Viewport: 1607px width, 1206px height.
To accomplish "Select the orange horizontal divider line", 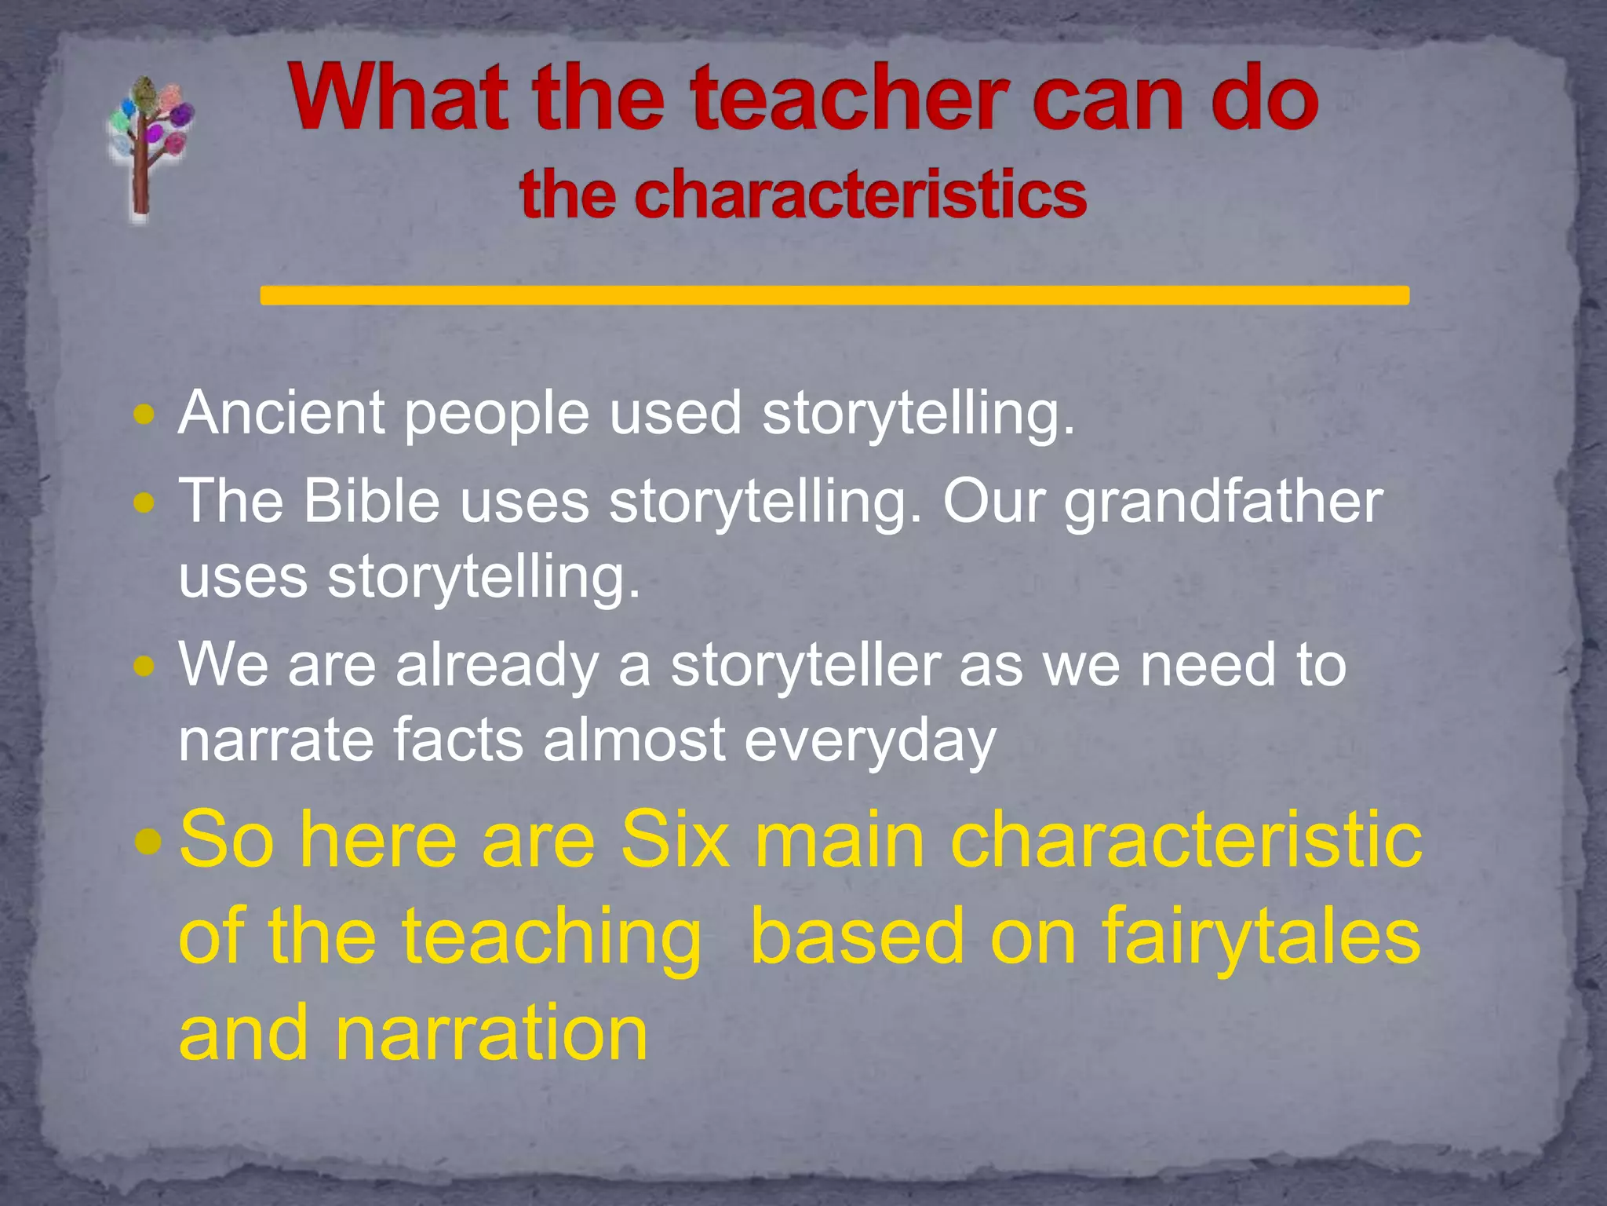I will [x=834, y=295].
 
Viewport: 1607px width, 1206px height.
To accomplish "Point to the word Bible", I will [x=372, y=501].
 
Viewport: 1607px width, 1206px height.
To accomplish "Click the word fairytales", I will [x=1261, y=937].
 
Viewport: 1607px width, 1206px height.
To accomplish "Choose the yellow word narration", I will [x=491, y=1033].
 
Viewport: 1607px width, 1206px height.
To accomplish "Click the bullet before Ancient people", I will [x=144, y=414].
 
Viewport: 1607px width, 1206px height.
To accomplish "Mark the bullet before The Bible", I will [x=144, y=502].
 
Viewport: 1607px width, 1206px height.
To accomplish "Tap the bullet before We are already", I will [x=144, y=667].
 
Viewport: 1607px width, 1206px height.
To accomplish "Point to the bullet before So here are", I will [x=147, y=842].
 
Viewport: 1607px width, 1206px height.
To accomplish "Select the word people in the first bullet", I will [x=496, y=414].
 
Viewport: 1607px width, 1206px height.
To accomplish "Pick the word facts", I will [x=457, y=740].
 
